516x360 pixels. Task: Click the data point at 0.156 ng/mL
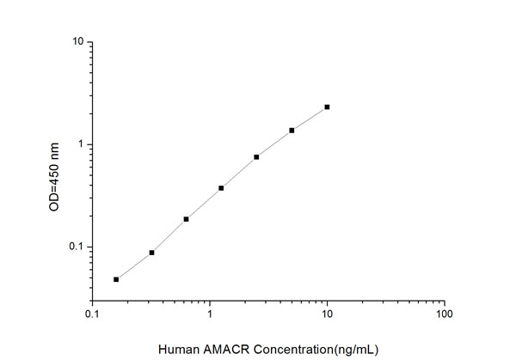(x=116, y=279)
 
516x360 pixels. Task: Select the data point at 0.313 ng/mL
(x=151, y=253)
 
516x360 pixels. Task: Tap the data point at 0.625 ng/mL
(x=186, y=219)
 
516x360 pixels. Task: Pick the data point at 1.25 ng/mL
(x=221, y=188)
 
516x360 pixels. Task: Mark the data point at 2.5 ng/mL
(x=256, y=157)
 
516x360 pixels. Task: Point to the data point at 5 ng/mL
(x=292, y=131)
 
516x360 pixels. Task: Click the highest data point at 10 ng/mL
(x=327, y=107)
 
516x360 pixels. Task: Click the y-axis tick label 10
(x=77, y=42)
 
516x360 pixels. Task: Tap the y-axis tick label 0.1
(x=76, y=247)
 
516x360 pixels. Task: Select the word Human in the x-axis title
(x=178, y=348)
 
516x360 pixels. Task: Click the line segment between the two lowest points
(x=133, y=266)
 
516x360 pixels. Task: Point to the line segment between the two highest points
(x=310, y=119)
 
